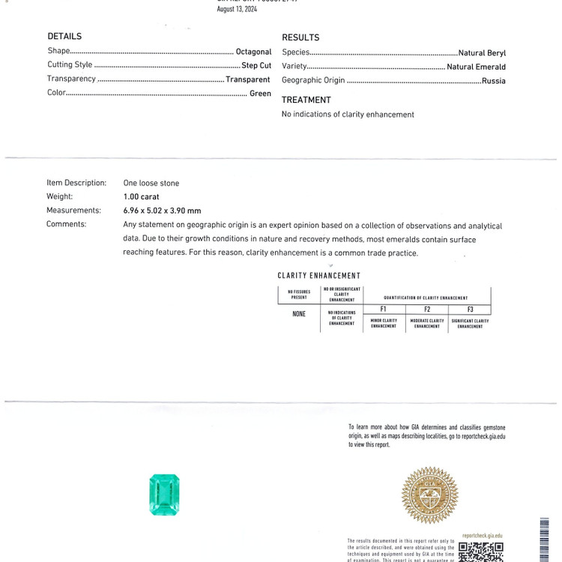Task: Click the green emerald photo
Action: [x=165, y=495]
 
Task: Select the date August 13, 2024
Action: [x=237, y=9]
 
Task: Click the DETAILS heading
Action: [x=64, y=36]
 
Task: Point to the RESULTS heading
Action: [x=300, y=37]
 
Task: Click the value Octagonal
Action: [x=253, y=52]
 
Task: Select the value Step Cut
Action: [x=256, y=65]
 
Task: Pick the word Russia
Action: [x=494, y=80]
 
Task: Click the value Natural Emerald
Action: [x=476, y=67]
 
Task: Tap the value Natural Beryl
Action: [x=482, y=53]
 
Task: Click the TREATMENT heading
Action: [x=306, y=100]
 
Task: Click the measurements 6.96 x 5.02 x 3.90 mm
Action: [x=163, y=211]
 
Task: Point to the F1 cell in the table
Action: [x=383, y=309]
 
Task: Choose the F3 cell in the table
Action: [x=470, y=309]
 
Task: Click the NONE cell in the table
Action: [x=299, y=313]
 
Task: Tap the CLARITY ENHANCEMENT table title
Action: [x=318, y=276]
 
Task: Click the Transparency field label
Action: [x=71, y=79]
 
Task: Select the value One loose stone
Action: [x=151, y=183]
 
